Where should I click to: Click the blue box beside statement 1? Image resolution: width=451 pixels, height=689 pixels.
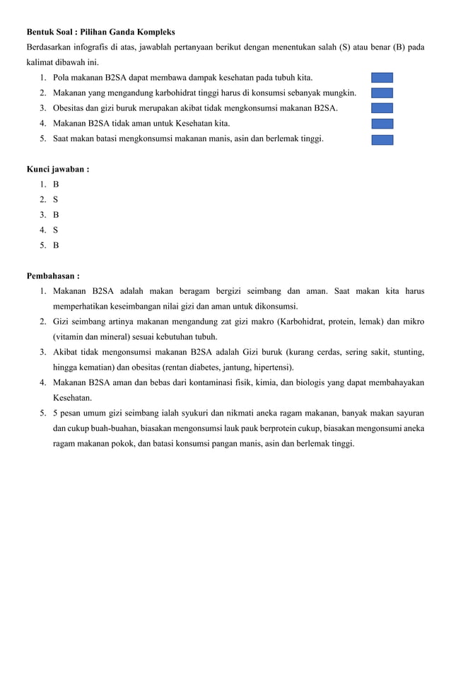[x=382, y=78]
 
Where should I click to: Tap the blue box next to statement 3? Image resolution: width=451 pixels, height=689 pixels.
[x=382, y=108]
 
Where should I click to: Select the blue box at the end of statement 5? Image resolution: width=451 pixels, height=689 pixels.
[x=382, y=139]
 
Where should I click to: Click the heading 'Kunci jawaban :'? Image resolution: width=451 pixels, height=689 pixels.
[x=58, y=170]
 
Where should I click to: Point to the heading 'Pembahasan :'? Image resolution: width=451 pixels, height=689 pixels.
[x=53, y=276]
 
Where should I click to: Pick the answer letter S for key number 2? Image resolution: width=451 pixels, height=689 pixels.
[x=56, y=200]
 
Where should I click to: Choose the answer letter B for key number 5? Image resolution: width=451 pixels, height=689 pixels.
[x=56, y=246]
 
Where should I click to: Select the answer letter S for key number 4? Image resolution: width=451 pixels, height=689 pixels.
[x=56, y=230]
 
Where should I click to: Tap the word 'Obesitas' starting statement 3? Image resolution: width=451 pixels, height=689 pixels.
[x=69, y=108]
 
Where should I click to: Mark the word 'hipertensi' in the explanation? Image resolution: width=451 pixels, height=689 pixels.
[x=271, y=367]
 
